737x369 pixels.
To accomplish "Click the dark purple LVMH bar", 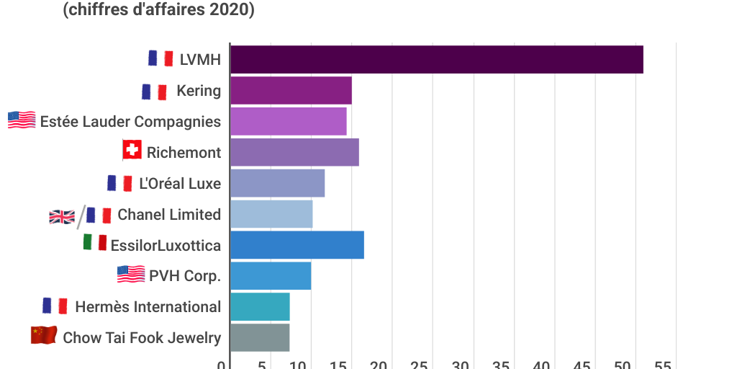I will [436, 59].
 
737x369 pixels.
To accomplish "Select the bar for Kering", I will [291, 90].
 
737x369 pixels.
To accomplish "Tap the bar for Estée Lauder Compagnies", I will [288, 121].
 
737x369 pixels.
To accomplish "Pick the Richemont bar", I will [294, 152].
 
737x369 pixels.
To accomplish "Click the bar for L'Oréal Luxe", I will [277, 183].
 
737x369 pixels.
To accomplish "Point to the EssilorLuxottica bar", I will [297, 245].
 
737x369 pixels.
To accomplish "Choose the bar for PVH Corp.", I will [271, 276].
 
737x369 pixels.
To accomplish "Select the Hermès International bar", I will [260, 307].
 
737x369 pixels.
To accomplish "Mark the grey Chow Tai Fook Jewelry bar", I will [260, 338].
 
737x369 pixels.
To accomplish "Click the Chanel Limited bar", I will [271, 214].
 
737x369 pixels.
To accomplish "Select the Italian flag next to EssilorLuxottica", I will [95, 244].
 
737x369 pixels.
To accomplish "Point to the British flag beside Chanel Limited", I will [61, 216].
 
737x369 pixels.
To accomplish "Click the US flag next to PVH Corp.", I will [131, 275].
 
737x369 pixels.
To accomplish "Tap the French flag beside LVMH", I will [160, 58].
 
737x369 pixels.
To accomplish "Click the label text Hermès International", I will [148, 307].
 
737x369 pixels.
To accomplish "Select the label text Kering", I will [199, 90].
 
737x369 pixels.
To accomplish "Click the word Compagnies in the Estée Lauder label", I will [177, 121].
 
